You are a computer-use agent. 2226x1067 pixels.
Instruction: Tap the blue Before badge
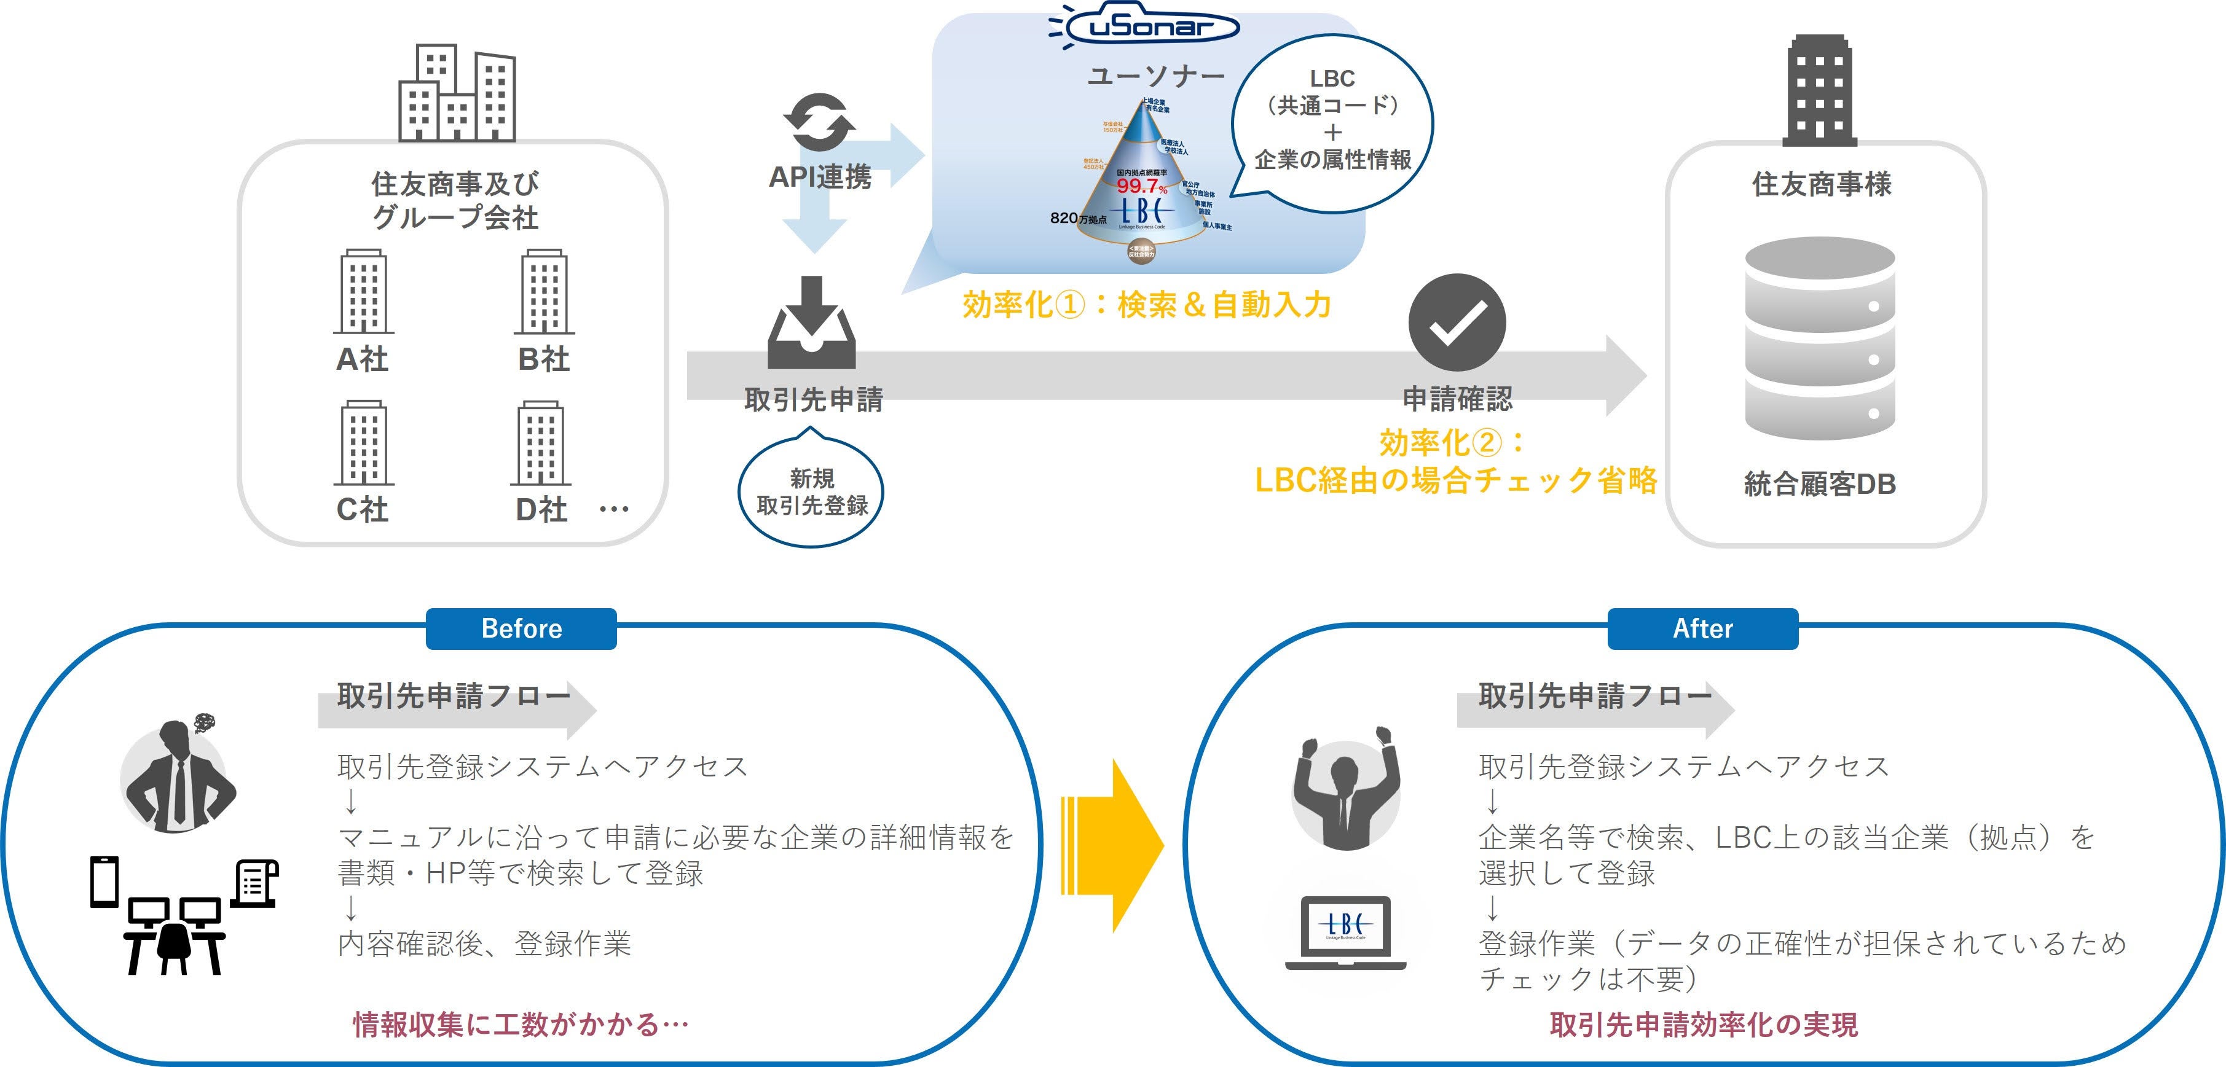[521, 628]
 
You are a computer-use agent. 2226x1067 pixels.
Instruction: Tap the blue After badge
[1702, 628]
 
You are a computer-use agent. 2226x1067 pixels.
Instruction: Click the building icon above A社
[364, 291]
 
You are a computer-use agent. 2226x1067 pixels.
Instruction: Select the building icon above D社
[541, 442]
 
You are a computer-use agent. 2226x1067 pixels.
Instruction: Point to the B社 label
[543, 359]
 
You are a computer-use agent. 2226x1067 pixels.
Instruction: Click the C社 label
[362, 509]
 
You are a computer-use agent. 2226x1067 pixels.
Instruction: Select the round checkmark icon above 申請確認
[1457, 322]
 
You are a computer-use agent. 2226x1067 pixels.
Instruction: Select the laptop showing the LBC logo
[1345, 931]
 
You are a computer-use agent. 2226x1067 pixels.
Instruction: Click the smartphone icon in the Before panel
[104, 881]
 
